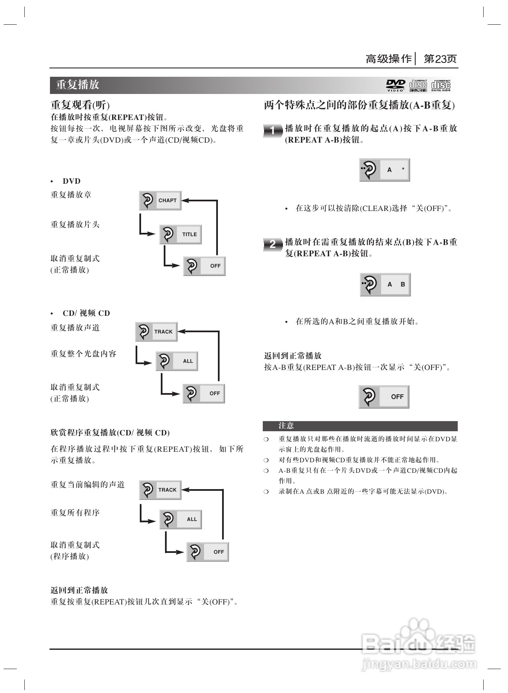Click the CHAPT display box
pyautogui.click(x=160, y=201)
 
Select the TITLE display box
pyautogui.click(x=181, y=234)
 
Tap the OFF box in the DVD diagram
pyautogui.click(x=204, y=266)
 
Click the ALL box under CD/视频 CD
pyautogui.click(x=177, y=361)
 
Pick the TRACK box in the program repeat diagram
pyautogui.click(x=160, y=490)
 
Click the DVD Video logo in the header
pyautogui.click(x=395, y=85)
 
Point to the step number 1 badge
pyautogui.click(x=272, y=130)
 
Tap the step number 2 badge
pyautogui.click(x=272, y=244)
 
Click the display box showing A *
pyautogui.click(x=385, y=170)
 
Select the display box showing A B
pyautogui.click(x=385, y=284)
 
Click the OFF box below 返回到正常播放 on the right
pyautogui.click(x=384, y=396)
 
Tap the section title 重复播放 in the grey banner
pyautogui.click(x=78, y=85)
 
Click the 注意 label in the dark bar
pyautogui.click(x=286, y=426)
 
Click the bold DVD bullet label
pyautogui.click(x=71, y=181)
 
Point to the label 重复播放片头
pyautogui.click(x=75, y=224)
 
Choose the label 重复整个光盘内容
pyautogui.click(x=84, y=354)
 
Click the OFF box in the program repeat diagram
pyautogui.click(x=208, y=552)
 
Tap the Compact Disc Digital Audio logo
pyautogui.click(x=441, y=85)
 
